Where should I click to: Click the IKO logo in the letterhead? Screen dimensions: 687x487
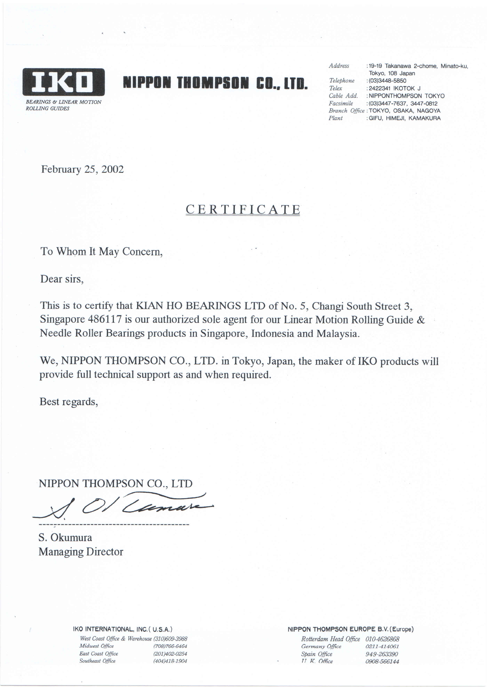64,82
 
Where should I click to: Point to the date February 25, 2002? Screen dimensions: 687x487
83,169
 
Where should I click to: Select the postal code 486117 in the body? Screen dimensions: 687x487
105,319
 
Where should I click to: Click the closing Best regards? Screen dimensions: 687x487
69,402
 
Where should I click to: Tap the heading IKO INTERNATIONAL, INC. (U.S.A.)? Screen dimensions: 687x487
123,629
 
